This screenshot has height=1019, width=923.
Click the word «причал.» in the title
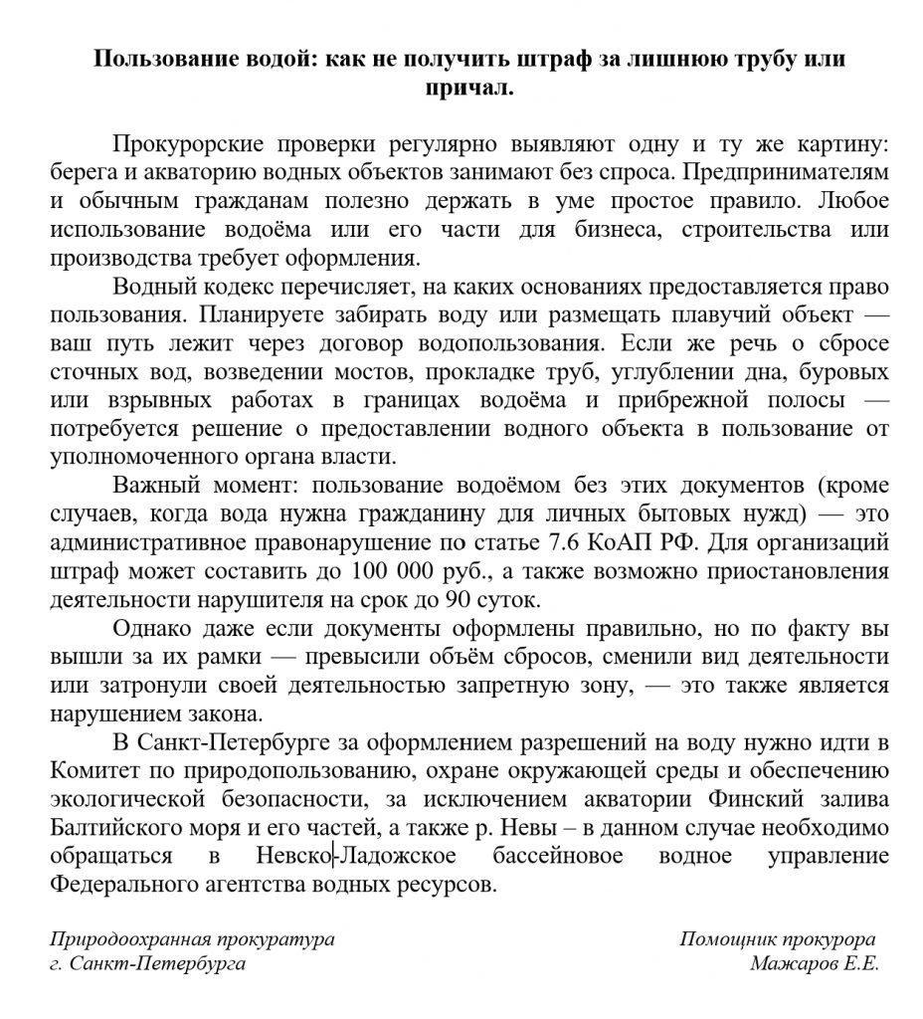coord(469,87)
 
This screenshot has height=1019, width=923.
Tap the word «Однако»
coord(157,630)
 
